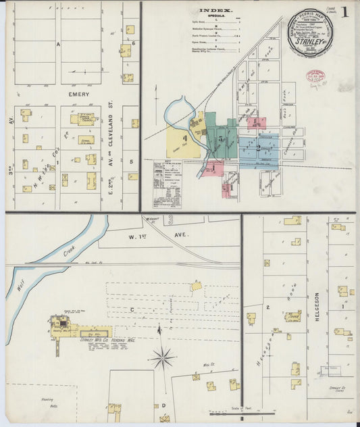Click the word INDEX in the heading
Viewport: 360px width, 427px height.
pyautogui.click(x=215, y=11)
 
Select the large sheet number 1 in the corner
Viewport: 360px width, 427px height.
pyautogui.click(x=345, y=12)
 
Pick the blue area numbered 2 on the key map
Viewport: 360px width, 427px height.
pyautogui.click(x=257, y=148)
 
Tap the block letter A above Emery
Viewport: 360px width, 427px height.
pyautogui.click(x=59, y=45)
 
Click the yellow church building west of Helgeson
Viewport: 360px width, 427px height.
pyautogui.click(x=292, y=316)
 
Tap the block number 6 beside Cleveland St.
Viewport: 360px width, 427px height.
pyautogui.click(x=134, y=43)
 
